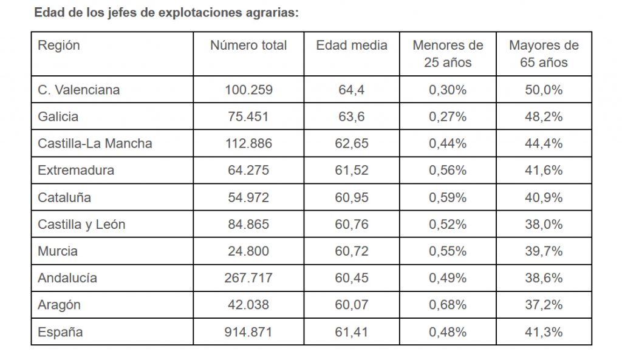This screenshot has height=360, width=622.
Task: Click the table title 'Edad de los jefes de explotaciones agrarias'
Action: [166, 12]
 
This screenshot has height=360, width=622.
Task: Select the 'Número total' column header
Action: [248, 46]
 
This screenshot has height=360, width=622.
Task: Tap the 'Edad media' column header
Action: [352, 46]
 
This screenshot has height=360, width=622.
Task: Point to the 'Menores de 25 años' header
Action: [448, 54]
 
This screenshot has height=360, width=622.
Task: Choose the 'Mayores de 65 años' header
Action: [544, 54]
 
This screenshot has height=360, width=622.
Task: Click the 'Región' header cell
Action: [59, 46]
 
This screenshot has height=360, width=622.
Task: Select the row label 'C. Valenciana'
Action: [79, 90]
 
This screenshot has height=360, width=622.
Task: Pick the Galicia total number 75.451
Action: [248, 117]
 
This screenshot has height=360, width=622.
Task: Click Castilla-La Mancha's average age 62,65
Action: [352, 144]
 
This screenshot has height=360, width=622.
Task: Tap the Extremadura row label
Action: [76, 171]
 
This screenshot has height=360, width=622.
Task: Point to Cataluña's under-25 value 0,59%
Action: [448, 197]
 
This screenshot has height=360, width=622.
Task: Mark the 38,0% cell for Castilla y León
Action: [544, 225]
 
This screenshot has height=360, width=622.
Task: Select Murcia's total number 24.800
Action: [248, 251]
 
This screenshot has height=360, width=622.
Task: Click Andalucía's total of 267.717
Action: [248, 278]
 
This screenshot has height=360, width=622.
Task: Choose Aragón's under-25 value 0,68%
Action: [448, 305]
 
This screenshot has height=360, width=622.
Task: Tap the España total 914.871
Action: [248, 332]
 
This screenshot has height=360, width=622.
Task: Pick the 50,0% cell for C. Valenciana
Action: [544, 90]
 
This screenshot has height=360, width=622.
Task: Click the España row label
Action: [60, 332]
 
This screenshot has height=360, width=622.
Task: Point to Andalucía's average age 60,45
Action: [352, 278]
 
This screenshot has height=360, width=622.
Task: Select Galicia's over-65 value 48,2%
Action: [544, 117]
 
